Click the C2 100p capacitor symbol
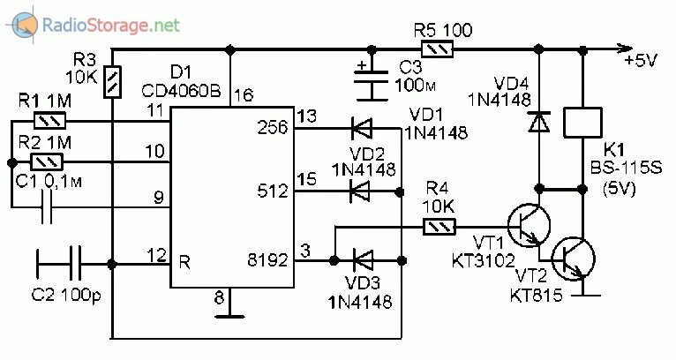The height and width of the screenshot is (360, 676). (59, 262)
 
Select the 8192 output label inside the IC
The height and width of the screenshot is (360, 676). (271, 261)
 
